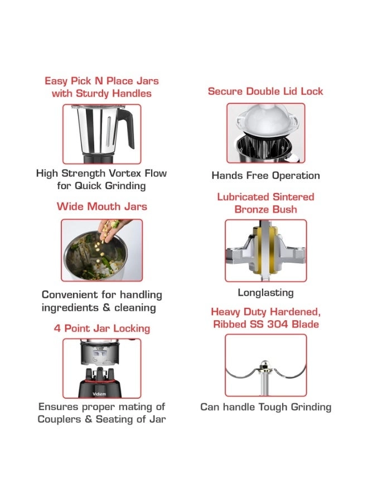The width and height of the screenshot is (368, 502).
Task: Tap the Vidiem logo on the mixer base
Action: [99, 393]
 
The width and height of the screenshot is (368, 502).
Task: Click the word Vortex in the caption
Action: [125, 173]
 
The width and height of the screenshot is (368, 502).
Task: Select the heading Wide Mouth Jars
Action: [102, 206]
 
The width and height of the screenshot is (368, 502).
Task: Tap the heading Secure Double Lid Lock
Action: [265, 91]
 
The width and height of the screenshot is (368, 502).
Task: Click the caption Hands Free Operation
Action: [265, 176]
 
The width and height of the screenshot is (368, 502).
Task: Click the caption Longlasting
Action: [265, 293]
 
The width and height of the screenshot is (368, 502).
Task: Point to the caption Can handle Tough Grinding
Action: [265, 407]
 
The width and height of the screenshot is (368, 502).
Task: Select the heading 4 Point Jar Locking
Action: [102, 329]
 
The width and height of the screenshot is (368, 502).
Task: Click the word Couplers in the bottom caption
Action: [59, 419]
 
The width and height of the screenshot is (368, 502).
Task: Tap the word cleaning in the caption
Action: [135, 308]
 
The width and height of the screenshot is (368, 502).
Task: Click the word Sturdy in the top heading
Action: [92, 94]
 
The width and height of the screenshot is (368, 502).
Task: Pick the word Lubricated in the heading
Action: [238, 197]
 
